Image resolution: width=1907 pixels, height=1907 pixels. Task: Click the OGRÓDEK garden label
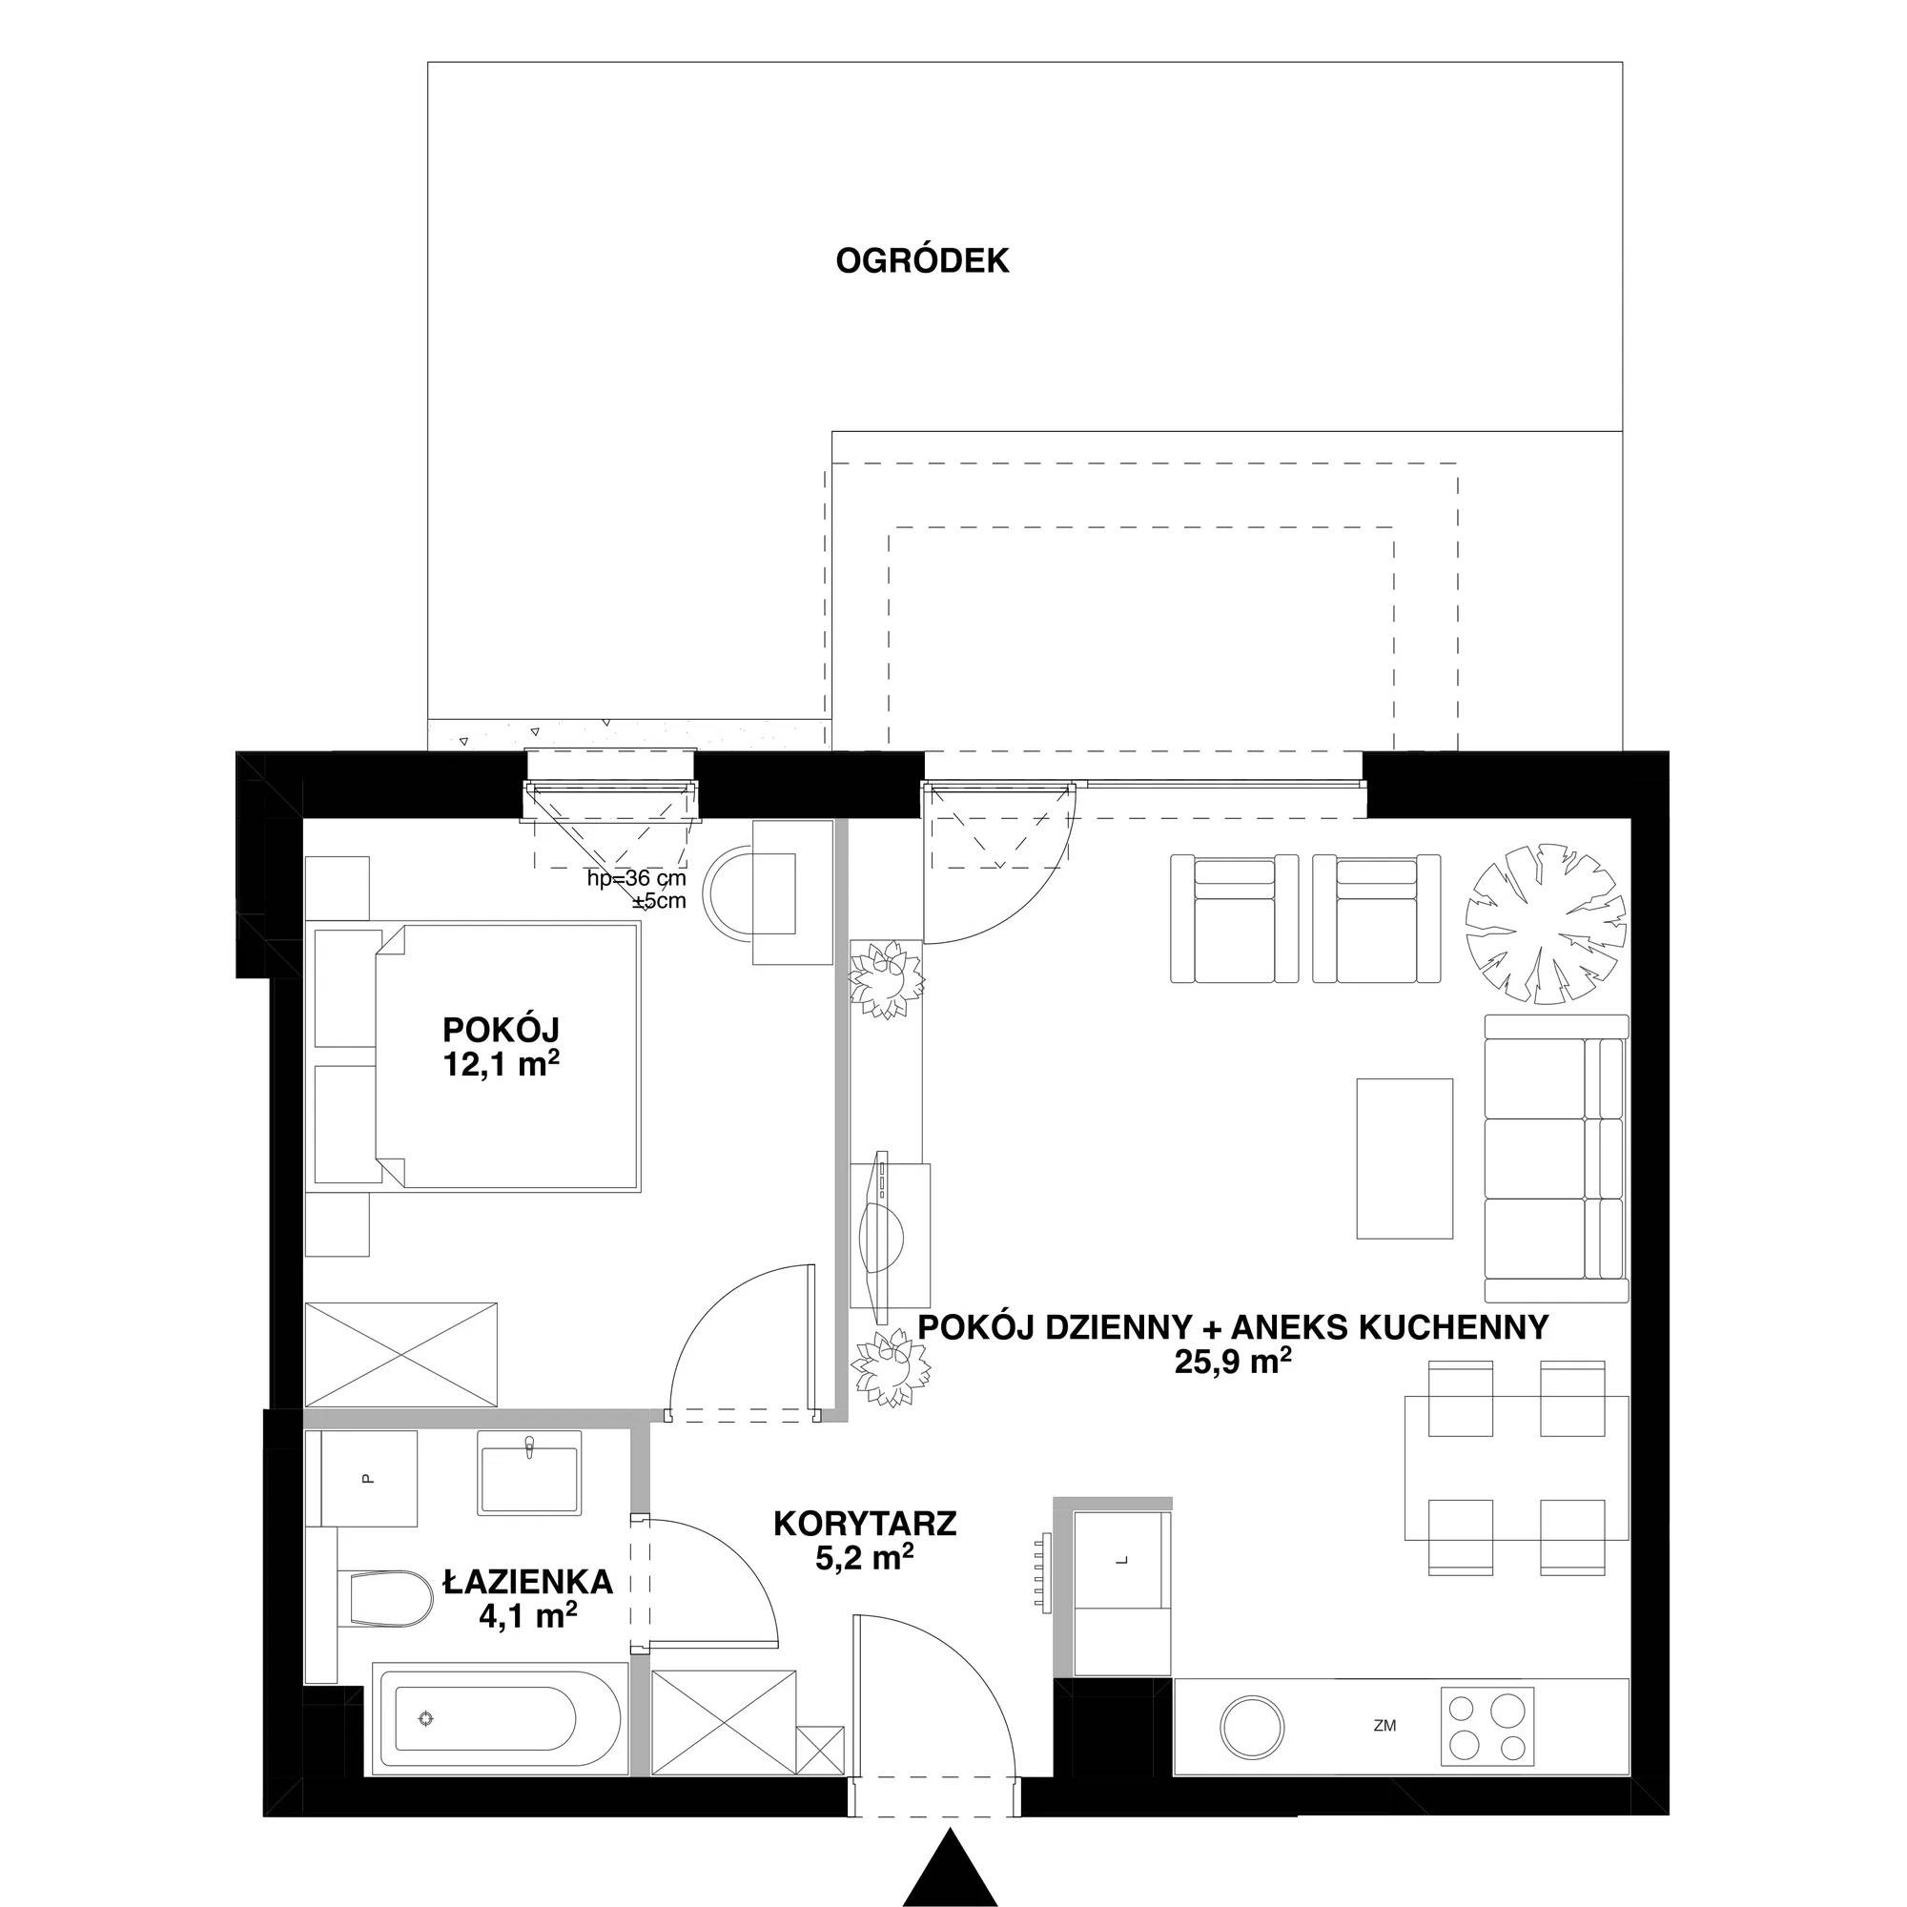[922, 260]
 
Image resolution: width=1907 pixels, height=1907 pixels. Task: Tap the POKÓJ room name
[501, 1030]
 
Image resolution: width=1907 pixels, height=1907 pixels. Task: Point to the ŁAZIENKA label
[528, 1582]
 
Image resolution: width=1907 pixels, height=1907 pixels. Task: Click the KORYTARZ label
[865, 1523]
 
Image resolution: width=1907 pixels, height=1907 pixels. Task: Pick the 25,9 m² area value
[1233, 1363]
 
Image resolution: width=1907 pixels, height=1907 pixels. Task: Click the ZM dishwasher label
[1384, 1727]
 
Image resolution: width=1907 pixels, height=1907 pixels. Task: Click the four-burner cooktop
[1488, 1727]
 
